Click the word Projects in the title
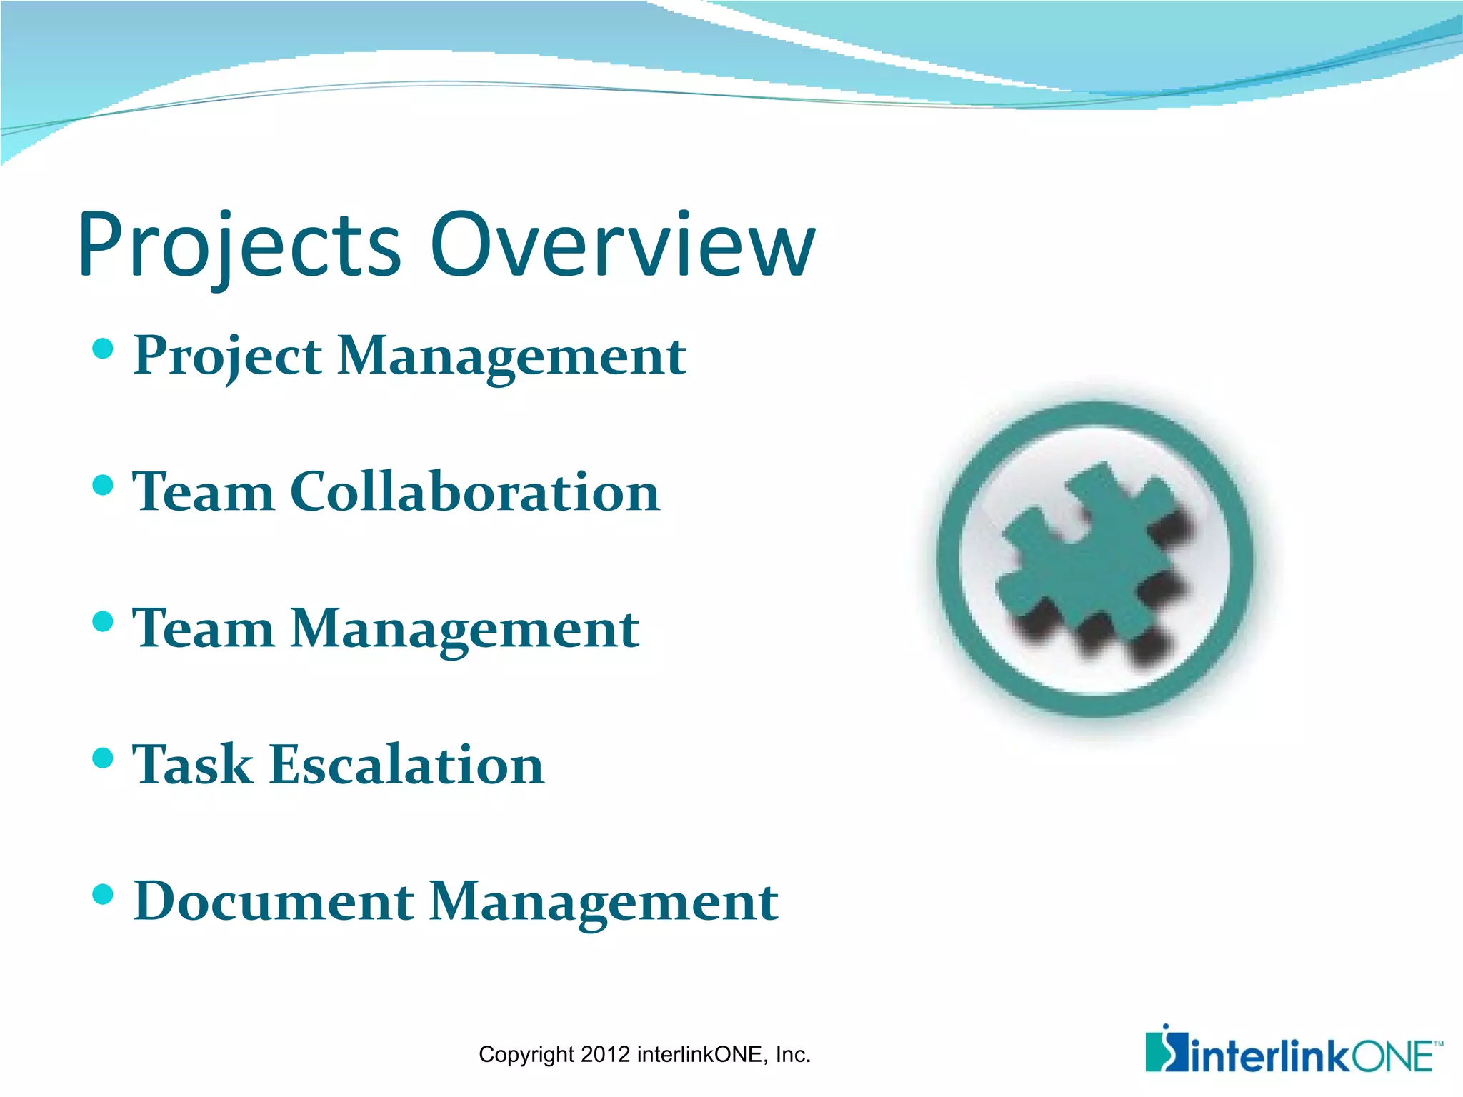(239, 246)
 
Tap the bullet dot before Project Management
(104, 349)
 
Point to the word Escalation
(407, 765)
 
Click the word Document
(274, 901)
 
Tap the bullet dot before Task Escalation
(104, 758)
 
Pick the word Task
(193, 765)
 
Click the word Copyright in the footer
(526, 1055)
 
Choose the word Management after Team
(464, 630)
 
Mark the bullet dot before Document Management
(104, 894)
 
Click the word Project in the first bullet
(227, 356)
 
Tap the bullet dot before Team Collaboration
(104, 486)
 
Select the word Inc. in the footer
(793, 1055)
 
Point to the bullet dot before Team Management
(104, 621)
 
